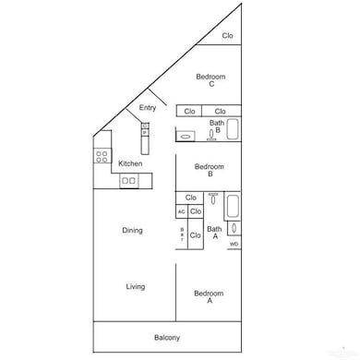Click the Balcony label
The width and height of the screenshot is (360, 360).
coord(167,337)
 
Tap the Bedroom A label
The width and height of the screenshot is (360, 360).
coord(209,297)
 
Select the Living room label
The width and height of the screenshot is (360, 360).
coord(136,286)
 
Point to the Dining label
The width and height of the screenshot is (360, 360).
coord(132,230)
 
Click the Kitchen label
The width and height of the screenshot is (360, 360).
coord(130,163)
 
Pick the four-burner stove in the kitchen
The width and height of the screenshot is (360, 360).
coord(102,156)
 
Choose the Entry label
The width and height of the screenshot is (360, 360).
coord(148,108)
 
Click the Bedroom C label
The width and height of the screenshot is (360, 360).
coord(210,80)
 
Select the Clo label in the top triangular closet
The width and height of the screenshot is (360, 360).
coord(227,36)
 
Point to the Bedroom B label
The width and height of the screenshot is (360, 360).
coord(210,170)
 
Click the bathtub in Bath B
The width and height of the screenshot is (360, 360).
coord(233,129)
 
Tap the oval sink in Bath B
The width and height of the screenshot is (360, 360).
coord(186,137)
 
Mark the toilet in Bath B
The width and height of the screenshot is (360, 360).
coord(211,135)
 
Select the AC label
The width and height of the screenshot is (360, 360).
coord(181,211)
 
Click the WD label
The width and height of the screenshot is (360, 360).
coord(234,244)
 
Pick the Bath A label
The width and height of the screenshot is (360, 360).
coord(213,233)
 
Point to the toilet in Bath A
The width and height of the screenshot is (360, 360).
coord(213,198)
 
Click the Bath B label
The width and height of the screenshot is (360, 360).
coord(217,126)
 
